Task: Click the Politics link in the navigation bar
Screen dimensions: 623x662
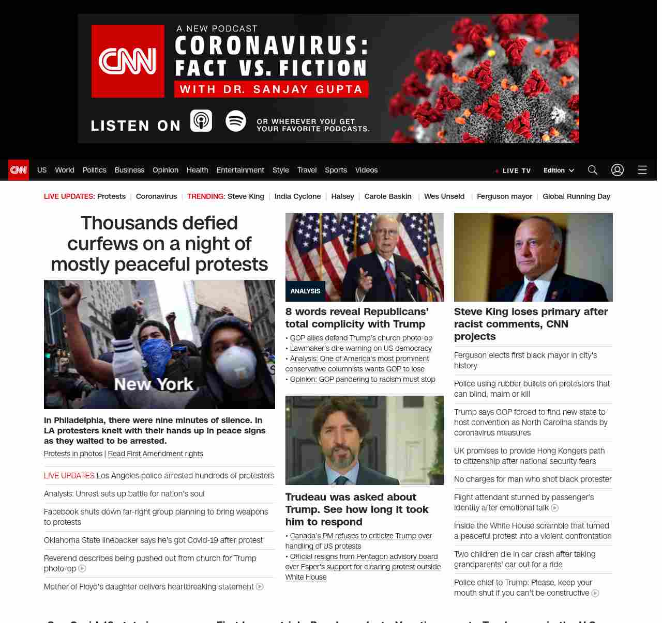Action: tap(94, 170)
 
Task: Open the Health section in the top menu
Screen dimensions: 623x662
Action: tap(197, 170)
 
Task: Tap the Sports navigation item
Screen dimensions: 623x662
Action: tap(336, 170)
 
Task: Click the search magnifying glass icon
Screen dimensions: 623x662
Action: tap(593, 170)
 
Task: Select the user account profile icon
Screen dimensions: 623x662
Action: tap(618, 170)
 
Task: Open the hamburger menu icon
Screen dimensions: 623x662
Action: tap(642, 170)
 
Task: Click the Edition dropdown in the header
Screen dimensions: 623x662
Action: tap(559, 170)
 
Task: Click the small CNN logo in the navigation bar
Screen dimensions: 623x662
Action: tap(19, 170)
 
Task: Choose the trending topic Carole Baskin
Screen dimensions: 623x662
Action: tap(388, 196)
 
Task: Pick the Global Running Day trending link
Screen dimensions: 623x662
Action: tap(576, 196)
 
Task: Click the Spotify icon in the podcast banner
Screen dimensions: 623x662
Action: tap(236, 121)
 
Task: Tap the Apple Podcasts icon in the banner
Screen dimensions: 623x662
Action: tap(201, 121)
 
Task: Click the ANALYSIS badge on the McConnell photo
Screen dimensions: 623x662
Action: tap(305, 291)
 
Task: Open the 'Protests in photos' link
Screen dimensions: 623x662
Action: tap(73, 454)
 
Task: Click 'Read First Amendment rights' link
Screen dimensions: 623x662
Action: tap(155, 454)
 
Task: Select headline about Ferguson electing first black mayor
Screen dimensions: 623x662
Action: tap(525, 360)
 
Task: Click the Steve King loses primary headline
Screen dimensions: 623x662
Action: tap(531, 324)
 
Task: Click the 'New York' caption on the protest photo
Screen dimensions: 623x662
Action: tap(154, 384)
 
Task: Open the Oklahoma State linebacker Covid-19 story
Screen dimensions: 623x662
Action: tap(153, 540)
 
